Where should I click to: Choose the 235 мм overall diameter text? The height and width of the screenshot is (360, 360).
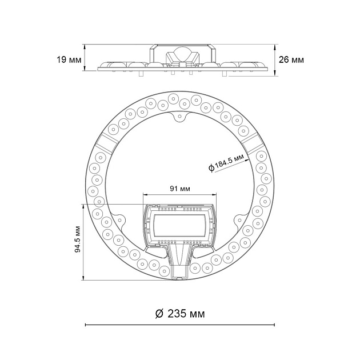(186, 314)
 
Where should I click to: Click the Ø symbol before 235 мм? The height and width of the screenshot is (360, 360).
(160, 314)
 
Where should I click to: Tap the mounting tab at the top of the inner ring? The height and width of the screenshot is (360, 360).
(179, 117)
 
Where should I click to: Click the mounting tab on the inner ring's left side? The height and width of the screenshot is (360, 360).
(121, 220)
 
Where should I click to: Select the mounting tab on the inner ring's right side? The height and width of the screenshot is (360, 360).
(239, 220)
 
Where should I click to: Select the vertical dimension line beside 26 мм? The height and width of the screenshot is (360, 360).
(275, 60)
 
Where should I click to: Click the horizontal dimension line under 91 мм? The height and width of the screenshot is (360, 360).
(179, 194)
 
